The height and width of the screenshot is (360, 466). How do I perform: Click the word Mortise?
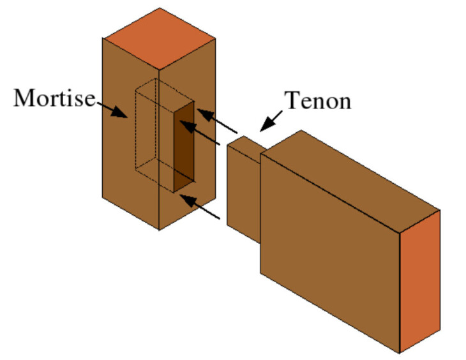(54, 98)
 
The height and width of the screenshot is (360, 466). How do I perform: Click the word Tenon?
(317, 100)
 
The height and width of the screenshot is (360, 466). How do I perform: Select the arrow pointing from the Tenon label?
(271, 119)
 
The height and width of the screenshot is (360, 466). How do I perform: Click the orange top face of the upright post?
(160, 38)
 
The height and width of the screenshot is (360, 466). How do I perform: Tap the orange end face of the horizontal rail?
(419, 281)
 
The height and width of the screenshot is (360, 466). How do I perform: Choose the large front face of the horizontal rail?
(329, 249)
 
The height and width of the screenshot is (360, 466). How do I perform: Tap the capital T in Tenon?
(292, 100)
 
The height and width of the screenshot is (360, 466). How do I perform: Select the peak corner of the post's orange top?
(160, 8)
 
